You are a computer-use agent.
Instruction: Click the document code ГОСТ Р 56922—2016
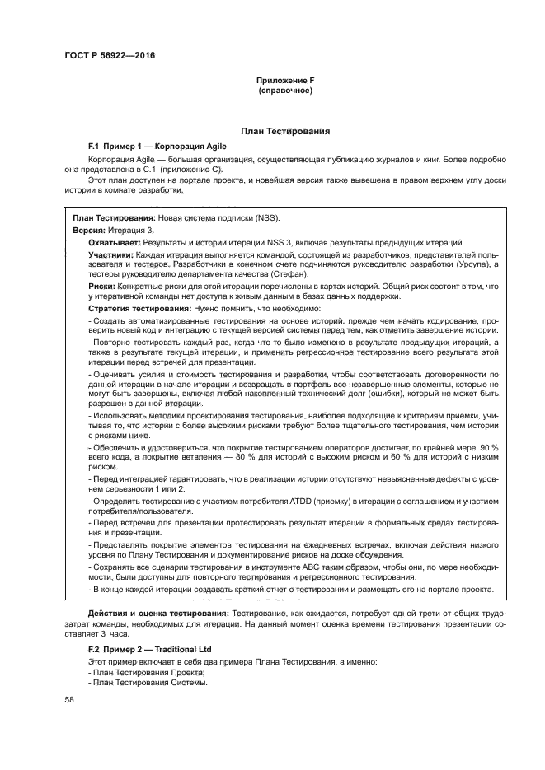109,56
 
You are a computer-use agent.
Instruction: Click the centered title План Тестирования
285,131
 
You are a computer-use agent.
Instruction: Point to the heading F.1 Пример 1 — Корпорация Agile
145,143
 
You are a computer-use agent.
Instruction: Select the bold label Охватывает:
115,242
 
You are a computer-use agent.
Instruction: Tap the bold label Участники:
111,255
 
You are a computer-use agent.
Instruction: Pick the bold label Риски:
102,286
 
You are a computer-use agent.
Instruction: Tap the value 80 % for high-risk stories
242,456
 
